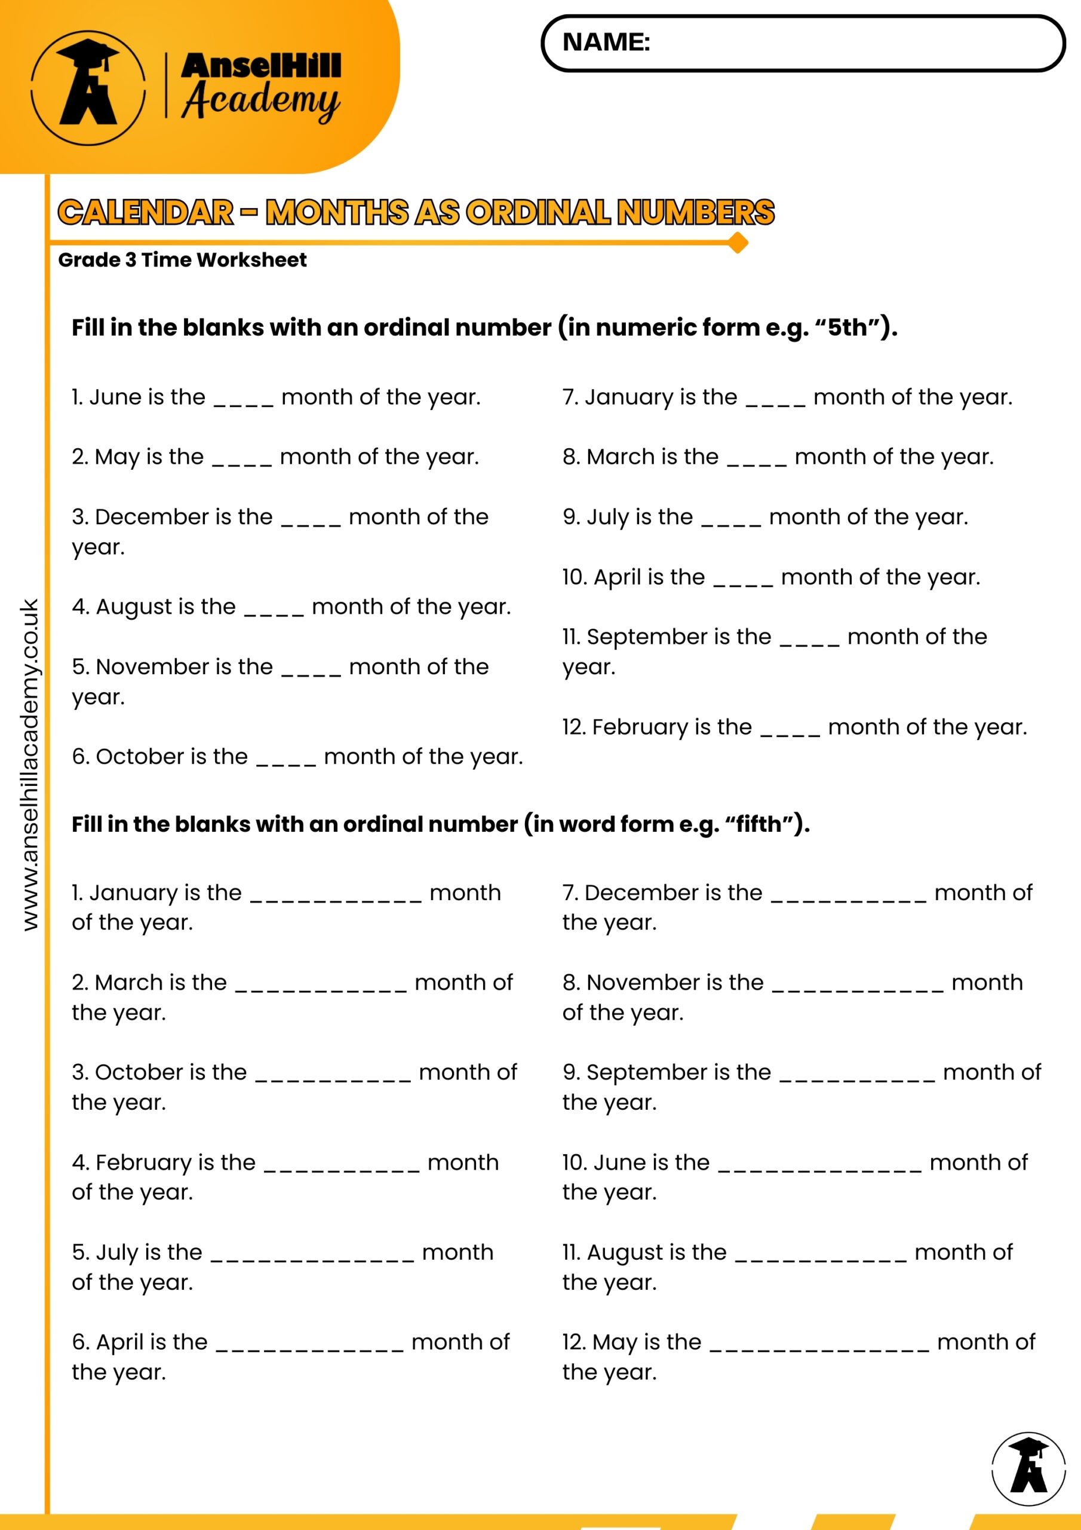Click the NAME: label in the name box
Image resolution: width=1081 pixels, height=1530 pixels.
tap(606, 42)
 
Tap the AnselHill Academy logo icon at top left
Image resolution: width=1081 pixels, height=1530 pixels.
tap(88, 87)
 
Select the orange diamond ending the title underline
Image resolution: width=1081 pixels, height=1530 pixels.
tap(738, 243)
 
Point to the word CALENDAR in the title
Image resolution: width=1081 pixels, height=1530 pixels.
tap(146, 213)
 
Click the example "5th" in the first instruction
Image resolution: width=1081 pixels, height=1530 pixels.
tap(847, 328)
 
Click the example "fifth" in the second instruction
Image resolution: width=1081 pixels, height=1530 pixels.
tap(758, 824)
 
